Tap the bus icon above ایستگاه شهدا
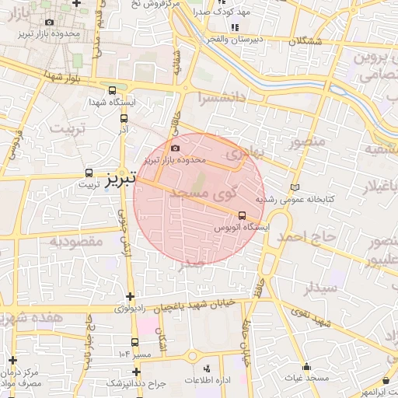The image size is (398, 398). tap(113, 89)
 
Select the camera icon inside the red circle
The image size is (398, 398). tap(175, 148)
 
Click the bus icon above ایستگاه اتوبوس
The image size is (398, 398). tap(242, 215)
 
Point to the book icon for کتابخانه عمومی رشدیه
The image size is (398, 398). tap(294, 187)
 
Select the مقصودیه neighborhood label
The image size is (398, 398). tap(76, 241)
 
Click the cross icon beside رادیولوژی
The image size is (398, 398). tap(130, 296)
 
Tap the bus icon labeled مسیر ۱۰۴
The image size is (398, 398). tap(135, 342)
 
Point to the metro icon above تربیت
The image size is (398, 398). tap(89, 174)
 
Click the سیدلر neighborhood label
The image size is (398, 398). tap(321, 287)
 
